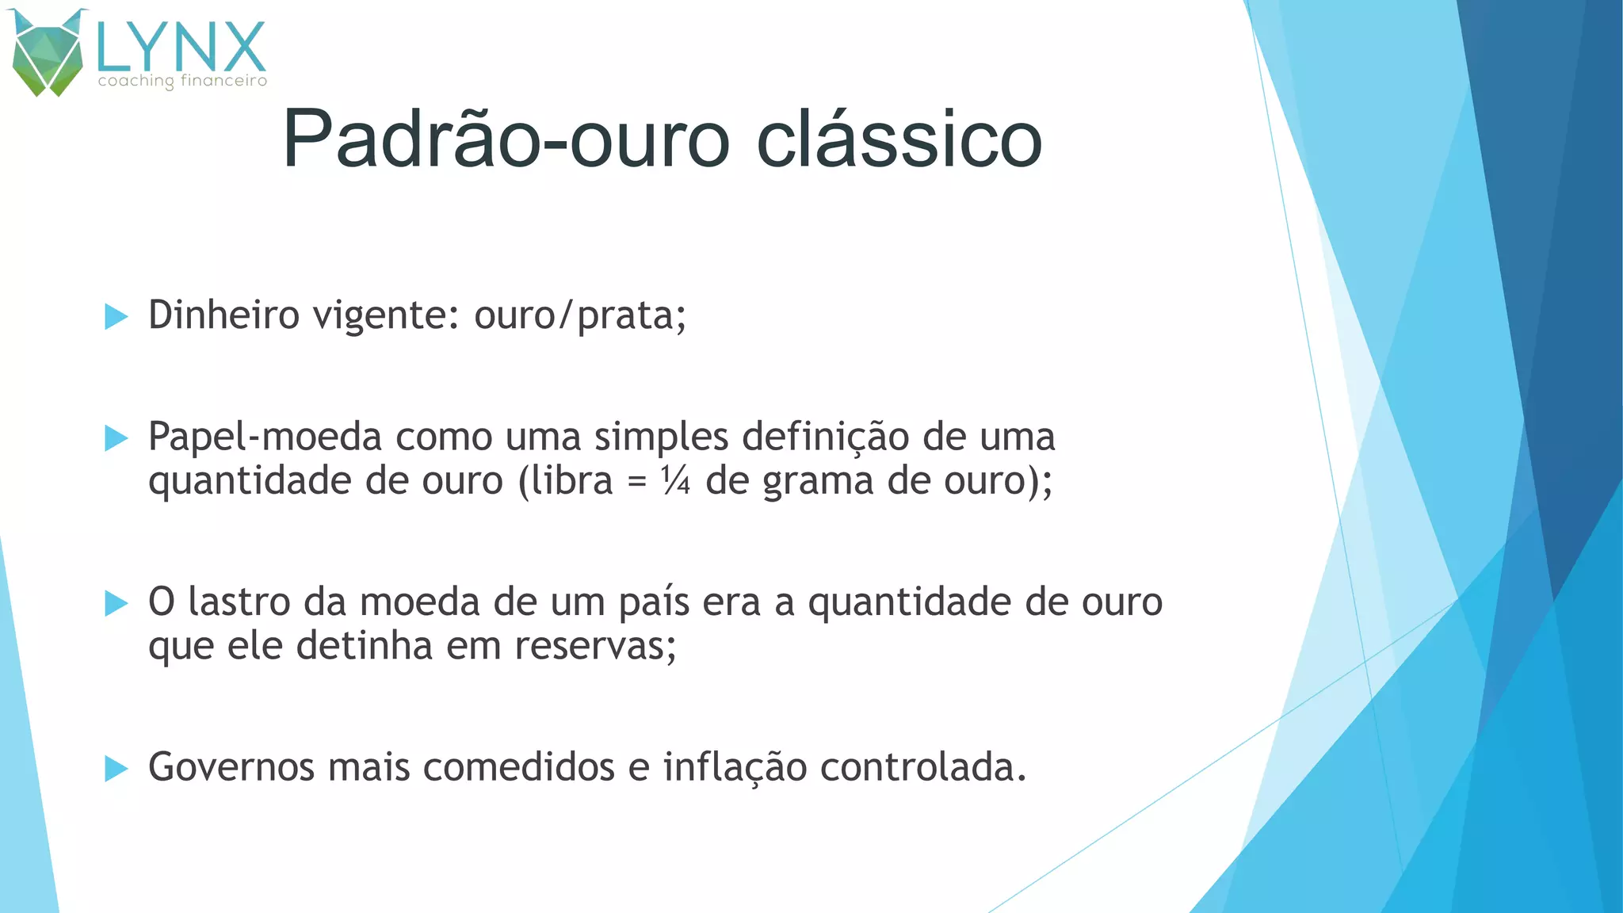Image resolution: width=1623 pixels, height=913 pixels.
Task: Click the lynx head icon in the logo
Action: point(48,54)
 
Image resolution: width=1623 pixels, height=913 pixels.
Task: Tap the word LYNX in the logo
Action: point(181,48)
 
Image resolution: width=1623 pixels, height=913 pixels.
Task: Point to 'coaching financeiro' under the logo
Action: point(182,81)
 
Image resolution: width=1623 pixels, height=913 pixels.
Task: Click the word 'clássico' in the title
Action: point(899,139)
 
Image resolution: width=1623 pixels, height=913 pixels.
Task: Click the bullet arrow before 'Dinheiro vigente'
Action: point(116,317)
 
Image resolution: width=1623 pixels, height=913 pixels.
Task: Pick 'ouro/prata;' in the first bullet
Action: point(580,315)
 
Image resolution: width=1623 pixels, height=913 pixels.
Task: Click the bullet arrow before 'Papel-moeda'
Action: point(116,437)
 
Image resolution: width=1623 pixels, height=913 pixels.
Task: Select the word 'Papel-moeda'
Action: point(265,437)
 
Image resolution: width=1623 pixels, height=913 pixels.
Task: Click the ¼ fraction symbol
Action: point(676,480)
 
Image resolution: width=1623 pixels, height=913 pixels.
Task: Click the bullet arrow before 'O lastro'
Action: point(116,603)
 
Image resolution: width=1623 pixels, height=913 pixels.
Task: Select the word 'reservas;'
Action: point(596,646)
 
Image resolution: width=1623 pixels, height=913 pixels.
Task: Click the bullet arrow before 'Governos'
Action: point(116,768)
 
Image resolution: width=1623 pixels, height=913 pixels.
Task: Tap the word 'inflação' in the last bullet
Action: point(735,768)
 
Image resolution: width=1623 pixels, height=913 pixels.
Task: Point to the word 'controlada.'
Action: point(922,768)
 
